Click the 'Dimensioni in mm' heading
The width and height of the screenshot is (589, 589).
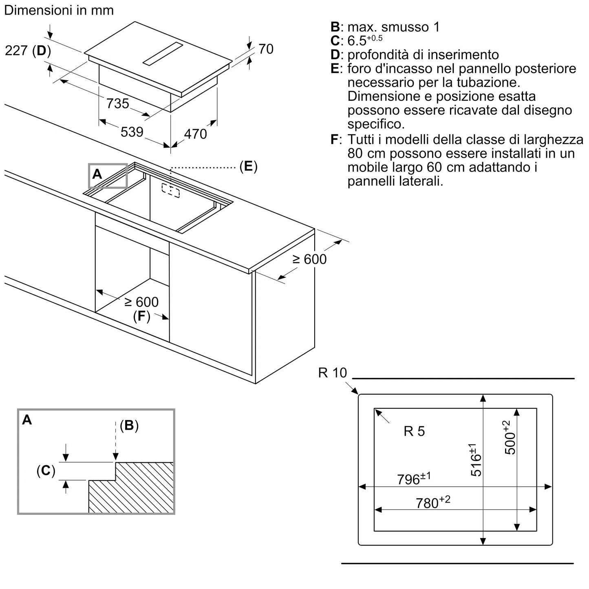coord(59,10)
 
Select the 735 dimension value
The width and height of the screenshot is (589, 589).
coord(117,104)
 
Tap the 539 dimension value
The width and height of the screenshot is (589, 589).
coord(132,132)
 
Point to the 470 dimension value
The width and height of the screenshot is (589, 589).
coord(196,134)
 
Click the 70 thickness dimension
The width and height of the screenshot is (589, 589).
coord(266,49)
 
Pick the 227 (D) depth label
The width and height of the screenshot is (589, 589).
coord(28,51)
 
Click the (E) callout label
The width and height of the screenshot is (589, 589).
coord(248,166)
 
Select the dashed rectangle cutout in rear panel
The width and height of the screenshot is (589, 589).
coord(170,190)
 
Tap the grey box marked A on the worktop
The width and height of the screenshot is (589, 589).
coord(108,175)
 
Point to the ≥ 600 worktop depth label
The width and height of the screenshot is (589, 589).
coord(310,259)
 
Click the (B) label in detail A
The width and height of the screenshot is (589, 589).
coord(129,426)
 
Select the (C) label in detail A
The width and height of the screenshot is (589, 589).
coord(46,471)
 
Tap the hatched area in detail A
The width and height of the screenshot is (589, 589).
coord(135,489)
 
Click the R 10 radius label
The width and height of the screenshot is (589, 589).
coord(332,373)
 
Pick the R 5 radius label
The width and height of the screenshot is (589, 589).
coord(414,431)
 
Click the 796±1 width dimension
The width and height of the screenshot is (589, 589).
coord(414,479)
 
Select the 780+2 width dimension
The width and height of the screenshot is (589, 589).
coord(433,503)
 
